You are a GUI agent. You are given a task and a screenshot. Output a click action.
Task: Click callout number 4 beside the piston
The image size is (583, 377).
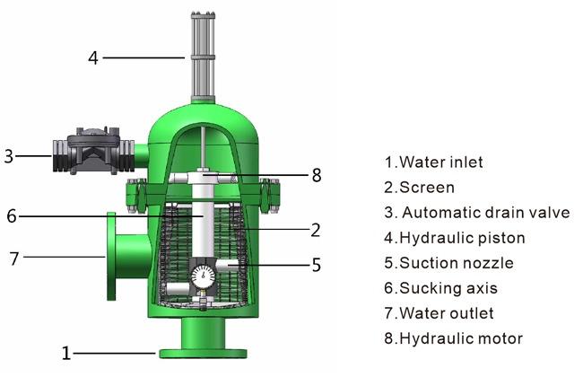93,58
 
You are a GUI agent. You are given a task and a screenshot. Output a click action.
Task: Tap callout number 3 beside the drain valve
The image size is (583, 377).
9,156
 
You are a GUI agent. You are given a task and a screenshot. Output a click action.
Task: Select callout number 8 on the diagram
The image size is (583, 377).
317,175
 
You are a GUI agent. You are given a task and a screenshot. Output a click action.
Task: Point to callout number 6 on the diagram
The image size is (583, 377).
12,215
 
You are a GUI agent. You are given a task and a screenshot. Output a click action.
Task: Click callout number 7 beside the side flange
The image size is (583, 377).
14,259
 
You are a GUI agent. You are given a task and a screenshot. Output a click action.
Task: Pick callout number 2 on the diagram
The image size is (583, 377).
316,231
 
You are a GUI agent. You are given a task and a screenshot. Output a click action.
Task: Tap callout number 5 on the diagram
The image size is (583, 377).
316,265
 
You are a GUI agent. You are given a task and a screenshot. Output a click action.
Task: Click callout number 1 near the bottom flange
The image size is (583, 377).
66,353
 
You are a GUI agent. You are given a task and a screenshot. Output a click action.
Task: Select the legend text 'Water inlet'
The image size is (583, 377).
441,162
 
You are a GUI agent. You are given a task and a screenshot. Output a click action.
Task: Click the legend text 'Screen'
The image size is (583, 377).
427,188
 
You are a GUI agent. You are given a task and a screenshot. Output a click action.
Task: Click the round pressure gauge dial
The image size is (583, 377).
204,276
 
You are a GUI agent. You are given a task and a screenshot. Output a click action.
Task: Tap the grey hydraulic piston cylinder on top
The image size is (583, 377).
203,57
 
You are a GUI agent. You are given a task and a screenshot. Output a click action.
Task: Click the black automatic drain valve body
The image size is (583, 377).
93,151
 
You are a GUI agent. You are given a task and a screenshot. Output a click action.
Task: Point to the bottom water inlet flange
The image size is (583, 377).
203,353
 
